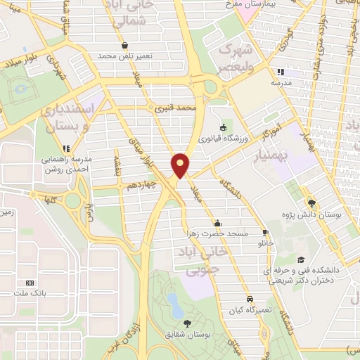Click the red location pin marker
click(180, 165)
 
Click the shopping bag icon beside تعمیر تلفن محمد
click(124, 45)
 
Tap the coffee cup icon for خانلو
click(265, 232)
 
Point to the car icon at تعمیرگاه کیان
click(250, 298)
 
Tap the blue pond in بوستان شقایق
click(173, 303)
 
